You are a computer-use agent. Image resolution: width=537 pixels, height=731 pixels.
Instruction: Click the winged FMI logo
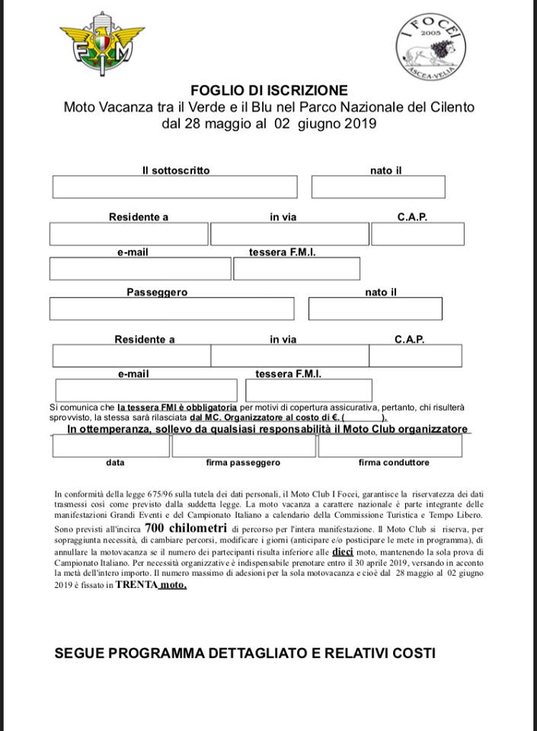[x=101, y=44]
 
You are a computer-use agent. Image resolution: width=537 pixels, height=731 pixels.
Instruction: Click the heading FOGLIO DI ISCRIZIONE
[x=269, y=91]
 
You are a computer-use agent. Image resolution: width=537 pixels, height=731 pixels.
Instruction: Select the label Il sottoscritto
[x=176, y=171]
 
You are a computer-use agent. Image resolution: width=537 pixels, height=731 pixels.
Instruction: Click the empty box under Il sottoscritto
[x=174, y=187]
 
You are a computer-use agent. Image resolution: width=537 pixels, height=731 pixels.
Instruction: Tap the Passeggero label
[x=157, y=292]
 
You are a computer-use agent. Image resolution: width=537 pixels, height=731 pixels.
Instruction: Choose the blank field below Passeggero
[x=171, y=308]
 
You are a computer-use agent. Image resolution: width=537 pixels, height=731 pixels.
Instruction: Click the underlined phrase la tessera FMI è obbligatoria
[x=177, y=408]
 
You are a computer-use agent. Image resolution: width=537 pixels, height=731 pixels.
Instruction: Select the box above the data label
[x=111, y=446]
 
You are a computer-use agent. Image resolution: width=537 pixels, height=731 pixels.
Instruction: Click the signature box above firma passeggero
[x=243, y=446]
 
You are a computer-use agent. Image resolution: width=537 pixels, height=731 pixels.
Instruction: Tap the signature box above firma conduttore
[x=390, y=446]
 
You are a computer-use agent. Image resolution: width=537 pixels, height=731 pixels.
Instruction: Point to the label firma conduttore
[x=394, y=462]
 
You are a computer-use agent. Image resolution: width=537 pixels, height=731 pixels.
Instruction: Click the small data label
[x=116, y=462]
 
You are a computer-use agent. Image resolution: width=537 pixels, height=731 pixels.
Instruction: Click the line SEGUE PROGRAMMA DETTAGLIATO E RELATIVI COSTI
[x=245, y=653]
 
